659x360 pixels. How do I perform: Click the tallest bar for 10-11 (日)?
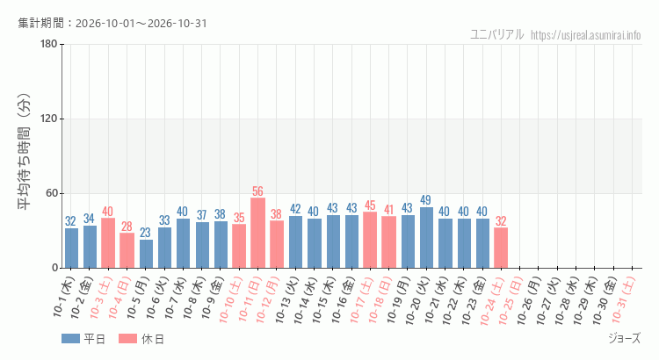click(x=257, y=233)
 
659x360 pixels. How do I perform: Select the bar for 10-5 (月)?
click(x=146, y=254)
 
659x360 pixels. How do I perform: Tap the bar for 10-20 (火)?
click(x=426, y=237)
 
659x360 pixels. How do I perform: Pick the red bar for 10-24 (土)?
click(x=501, y=248)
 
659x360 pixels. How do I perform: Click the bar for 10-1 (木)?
click(x=71, y=248)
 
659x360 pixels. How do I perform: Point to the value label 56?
click(x=257, y=191)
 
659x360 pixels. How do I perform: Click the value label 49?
click(x=426, y=200)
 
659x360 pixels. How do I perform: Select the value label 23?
click(x=145, y=233)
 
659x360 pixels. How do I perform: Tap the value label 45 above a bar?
click(x=370, y=205)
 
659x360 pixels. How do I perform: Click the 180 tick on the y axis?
click(x=49, y=44)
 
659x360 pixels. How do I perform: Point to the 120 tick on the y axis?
click(x=49, y=119)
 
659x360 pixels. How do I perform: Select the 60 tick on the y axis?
click(x=52, y=194)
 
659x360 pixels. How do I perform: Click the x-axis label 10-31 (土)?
click(x=623, y=300)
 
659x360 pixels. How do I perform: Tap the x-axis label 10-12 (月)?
click(x=268, y=300)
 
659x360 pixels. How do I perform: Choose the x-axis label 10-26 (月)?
click(x=529, y=300)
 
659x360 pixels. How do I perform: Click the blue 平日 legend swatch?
click(x=70, y=339)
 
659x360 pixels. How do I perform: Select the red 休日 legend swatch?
click(x=127, y=339)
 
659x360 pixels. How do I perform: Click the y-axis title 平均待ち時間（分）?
click(x=24, y=152)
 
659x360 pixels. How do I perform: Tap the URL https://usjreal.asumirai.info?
click(x=586, y=35)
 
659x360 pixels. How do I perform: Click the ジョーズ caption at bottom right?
click(x=625, y=338)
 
